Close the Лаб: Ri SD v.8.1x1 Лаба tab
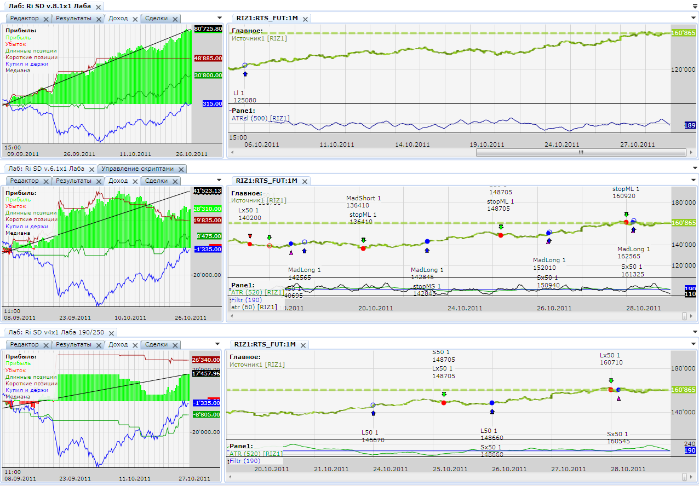[98, 7]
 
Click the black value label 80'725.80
[208, 28]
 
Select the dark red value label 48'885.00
[208, 58]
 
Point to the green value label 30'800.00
[208, 76]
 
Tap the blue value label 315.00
[212, 103]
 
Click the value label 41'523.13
[208, 191]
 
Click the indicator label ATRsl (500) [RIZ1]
[261, 118]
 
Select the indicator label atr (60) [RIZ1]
[254, 307]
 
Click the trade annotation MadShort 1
[363, 198]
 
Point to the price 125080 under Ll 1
[244, 100]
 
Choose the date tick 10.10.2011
[130, 317]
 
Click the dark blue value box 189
[690, 126]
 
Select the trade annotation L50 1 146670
[373, 436]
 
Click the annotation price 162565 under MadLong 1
[629, 256]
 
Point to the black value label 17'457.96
[208, 374]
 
